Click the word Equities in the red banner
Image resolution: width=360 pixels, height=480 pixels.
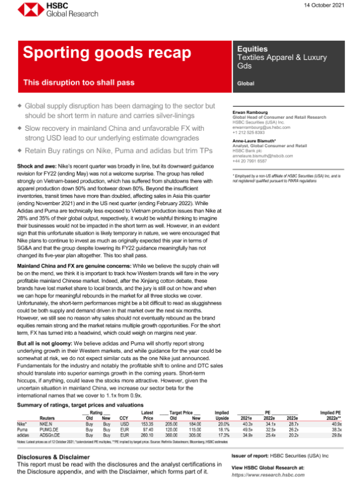(253, 48)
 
